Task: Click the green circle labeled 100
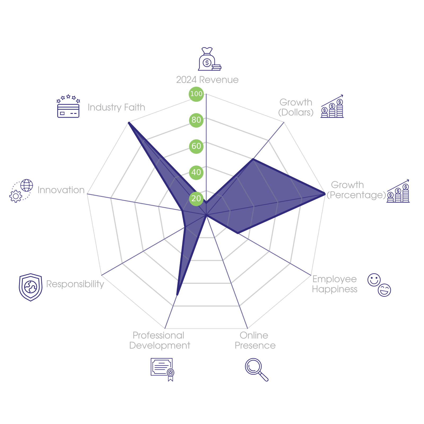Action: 196,94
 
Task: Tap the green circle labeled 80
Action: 196,120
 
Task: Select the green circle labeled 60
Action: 196,146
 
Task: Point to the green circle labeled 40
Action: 196,172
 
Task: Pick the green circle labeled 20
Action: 196,198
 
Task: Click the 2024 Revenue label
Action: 207,80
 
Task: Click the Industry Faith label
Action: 116,107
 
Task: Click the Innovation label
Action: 61,190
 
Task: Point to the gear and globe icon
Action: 21,191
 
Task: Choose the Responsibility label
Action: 75,284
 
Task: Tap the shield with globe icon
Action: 30,287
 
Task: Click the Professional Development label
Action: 159,341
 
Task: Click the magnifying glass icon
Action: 256,369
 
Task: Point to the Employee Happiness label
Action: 334,284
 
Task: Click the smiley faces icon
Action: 379,285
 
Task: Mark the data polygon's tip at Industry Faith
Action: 129,122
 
